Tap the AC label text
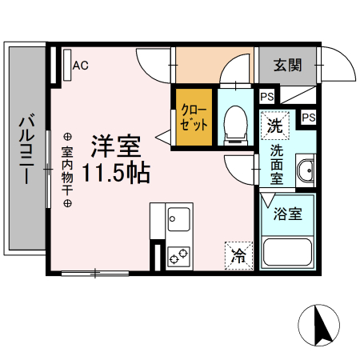[81, 66]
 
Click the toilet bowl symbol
[236, 125]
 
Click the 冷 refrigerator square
[238, 255]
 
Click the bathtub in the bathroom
[287, 254]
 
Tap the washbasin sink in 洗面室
[306, 171]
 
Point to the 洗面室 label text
[277, 165]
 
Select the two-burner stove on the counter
[178, 255]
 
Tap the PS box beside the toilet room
[266, 97]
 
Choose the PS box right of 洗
[308, 118]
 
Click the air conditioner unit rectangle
[65, 65]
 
